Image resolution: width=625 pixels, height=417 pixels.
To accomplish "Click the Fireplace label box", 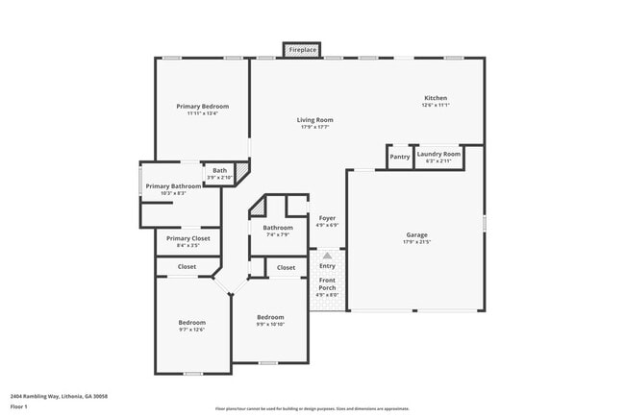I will (302, 49).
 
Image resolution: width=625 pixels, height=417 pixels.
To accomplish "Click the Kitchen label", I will (436, 98).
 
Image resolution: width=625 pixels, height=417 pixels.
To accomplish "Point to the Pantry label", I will (399, 156).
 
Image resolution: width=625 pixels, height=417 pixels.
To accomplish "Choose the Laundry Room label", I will (438, 154).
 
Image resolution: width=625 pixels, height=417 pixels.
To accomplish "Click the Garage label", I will (416, 234).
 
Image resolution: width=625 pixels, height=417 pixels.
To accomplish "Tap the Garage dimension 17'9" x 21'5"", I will (416, 242).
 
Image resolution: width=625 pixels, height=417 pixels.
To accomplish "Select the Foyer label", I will (327, 218).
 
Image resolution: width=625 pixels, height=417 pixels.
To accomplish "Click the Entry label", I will (327, 266).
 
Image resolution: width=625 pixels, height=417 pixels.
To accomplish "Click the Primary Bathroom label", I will (173, 186).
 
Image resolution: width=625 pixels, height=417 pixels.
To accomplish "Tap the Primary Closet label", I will (187, 238).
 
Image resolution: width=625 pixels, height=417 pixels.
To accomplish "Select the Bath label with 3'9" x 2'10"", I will (220, 171).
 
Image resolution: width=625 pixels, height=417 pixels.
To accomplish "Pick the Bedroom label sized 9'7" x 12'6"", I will (191, 322).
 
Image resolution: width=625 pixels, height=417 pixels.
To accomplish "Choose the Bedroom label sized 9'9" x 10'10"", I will (270, 317).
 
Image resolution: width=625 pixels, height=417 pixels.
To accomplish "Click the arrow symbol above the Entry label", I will (327, 256).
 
